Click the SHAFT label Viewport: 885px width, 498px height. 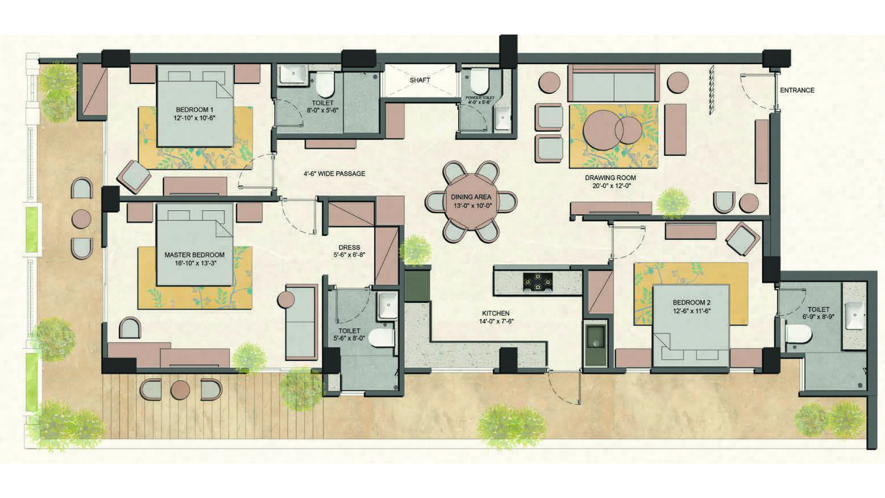point(419,80)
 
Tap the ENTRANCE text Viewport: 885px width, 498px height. point(797,90)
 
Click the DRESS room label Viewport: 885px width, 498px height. point(349,247)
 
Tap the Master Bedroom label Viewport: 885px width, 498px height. point(194,255)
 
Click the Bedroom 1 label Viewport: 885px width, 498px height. point(194,110)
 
